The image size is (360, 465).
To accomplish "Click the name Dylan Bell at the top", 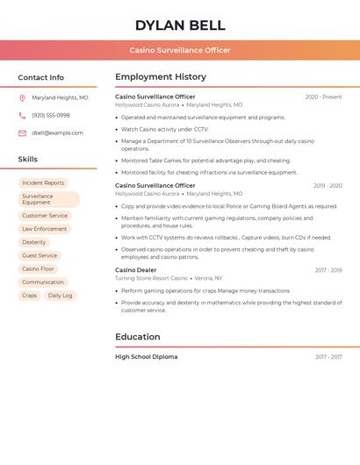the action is (180, 25).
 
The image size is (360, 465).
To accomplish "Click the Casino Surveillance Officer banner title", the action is (180, 50).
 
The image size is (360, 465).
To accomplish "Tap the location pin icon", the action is (22, 98).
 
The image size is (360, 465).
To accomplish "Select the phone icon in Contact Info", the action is (22, 116).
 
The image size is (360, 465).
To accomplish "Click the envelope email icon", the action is (22, 133).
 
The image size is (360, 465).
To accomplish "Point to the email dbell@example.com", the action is (57, 133).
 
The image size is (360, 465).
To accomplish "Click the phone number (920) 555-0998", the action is (51, 116).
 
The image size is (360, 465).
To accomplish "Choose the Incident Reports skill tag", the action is (43, 183).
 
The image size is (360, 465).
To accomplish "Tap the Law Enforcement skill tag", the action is (45, 229).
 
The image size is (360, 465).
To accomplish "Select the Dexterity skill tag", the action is (34, 242).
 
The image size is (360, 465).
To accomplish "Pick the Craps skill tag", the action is (30, 296).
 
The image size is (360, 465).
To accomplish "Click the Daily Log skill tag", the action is (61, 296).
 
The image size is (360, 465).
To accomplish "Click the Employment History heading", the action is (161, 77).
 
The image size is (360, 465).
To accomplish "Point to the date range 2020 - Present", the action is (323, 97).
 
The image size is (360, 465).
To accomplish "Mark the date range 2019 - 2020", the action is (328, 186).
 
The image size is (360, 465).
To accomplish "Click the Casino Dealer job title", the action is (136, 270).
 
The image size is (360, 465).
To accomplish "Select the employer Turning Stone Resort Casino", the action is (151, 278).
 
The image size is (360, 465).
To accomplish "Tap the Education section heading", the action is (138, 337).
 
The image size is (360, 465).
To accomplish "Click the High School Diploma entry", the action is (146, 357).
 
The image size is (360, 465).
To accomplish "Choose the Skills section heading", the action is (28, 160).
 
